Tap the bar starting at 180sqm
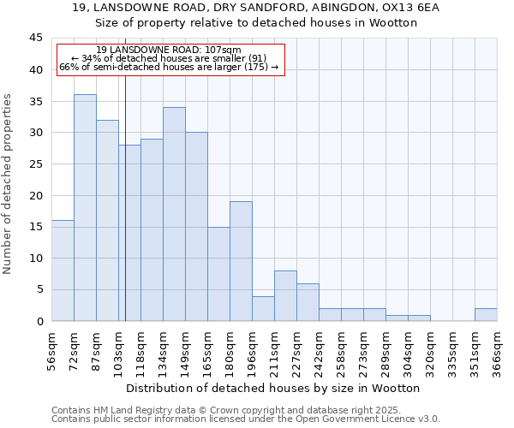[241, 261]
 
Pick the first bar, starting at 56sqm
[63, 270]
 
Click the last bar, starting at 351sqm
[486, 314]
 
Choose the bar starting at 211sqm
[285, 295]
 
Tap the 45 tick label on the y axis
[36, 39]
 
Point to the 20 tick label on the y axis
[36, 195]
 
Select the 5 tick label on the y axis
[39, 289]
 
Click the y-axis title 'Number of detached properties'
[9, 184]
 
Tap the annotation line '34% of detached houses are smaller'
[169, 58]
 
